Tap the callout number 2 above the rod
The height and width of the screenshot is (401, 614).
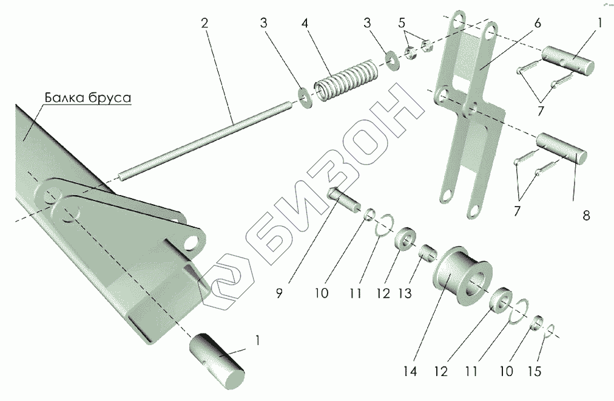[x=204, y=24]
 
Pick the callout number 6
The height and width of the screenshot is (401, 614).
[x=538, y=24]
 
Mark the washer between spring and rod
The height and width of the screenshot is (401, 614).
[x=305, y=98]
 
